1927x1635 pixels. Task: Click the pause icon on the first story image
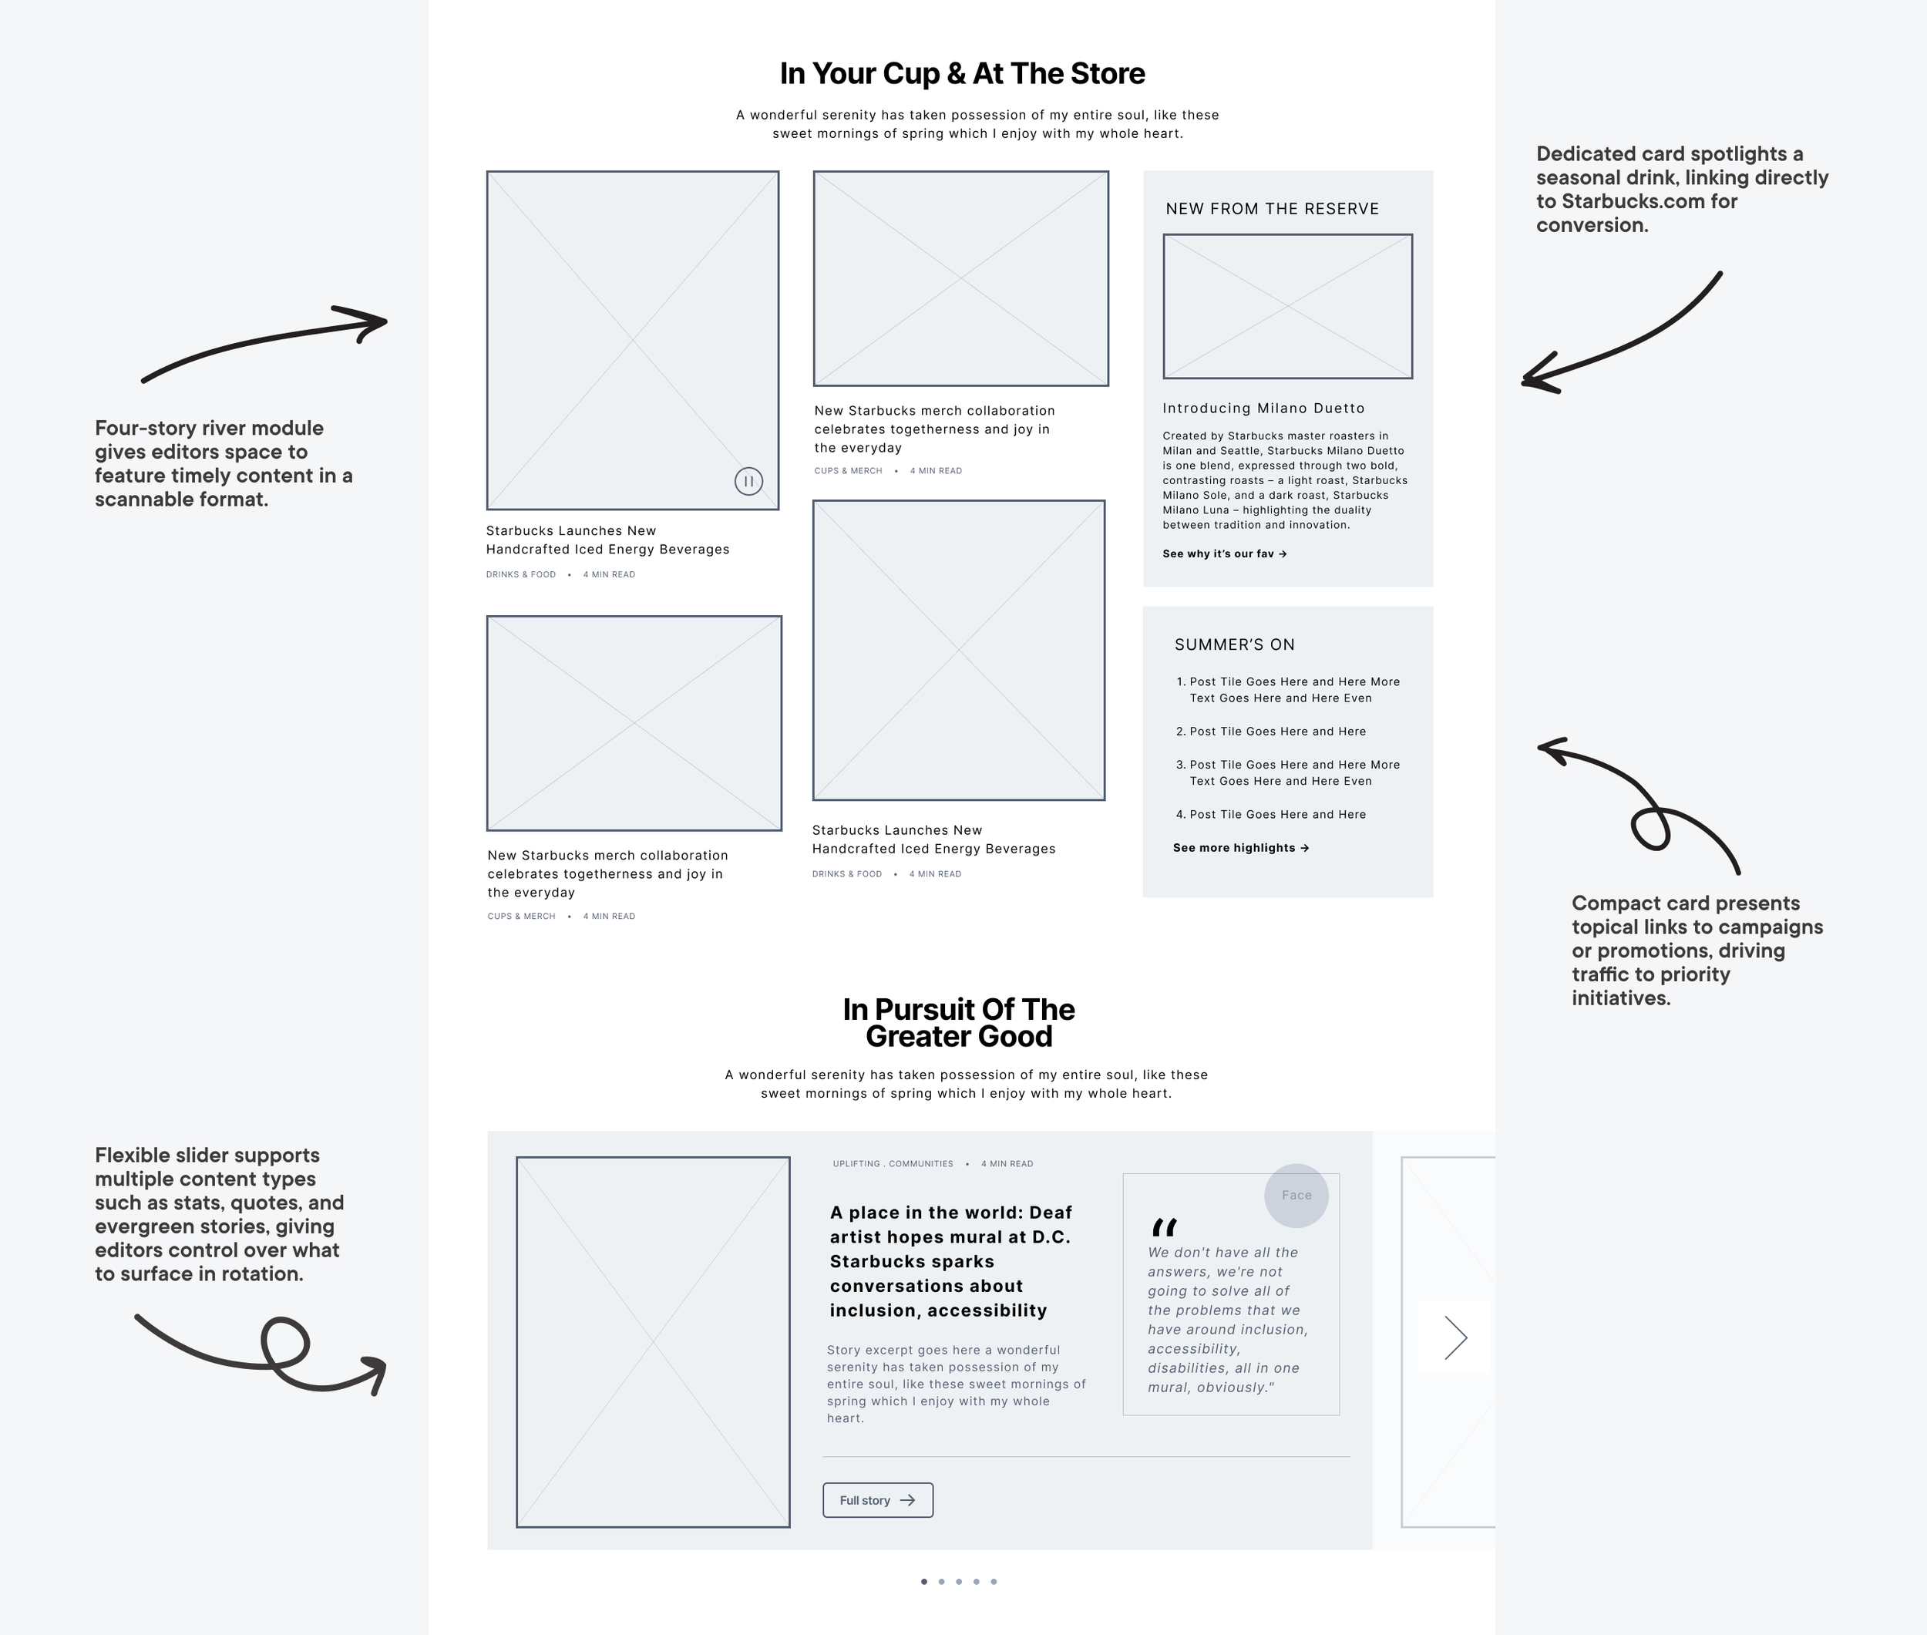point(748,481)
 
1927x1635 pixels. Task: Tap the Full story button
point(877,1499)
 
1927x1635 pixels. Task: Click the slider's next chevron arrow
point(1455,1337)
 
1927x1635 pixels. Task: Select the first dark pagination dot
point(924,1581)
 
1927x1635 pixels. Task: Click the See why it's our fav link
point(1223,554)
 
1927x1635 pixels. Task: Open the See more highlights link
point(1240,848)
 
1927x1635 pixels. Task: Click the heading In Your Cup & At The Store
point(962,74)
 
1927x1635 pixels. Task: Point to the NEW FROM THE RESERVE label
point(1272,210)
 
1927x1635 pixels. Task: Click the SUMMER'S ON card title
point(1234,645)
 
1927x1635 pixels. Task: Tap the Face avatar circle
point(1296,1196)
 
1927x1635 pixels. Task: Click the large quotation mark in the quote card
point(1163,1227)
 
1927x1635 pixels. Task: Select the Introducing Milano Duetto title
point(1263,409)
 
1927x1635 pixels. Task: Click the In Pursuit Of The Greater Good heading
point(958,1022)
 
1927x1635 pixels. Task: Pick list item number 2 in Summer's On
point(1276,732)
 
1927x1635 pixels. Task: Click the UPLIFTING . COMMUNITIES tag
point(893,1164)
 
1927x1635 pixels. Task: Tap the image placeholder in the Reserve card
point(1287,306)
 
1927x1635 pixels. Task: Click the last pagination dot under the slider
point(994,1581)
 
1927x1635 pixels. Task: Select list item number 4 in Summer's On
point(1276,815)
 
